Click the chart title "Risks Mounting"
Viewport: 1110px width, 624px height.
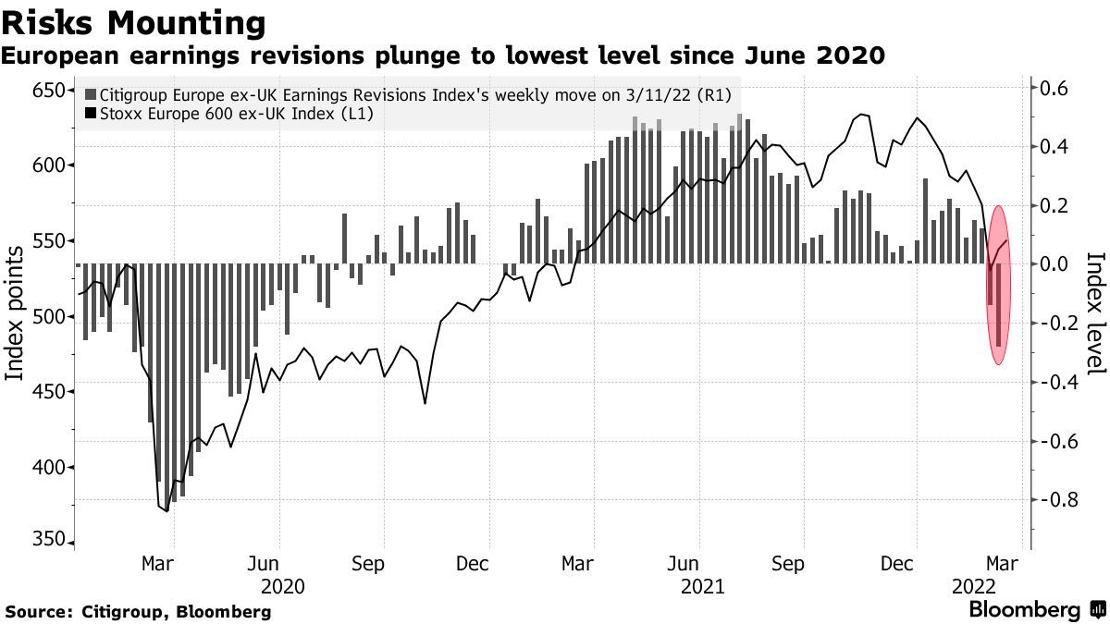point(134,21)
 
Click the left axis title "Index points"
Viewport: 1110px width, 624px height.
point(16,314)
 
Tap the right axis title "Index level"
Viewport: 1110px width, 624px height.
point(1095,314)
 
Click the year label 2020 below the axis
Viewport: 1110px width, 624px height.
point(283,586)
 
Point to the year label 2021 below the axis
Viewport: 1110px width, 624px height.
point(701,586)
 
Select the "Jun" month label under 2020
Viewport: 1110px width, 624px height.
point(265,563)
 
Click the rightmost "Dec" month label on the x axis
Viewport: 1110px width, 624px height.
point(917,563)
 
